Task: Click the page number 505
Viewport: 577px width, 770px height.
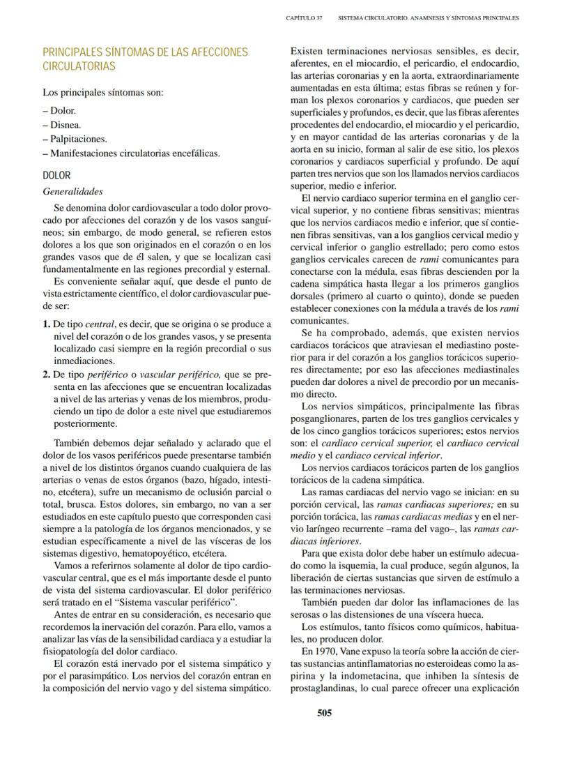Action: click(323, 712)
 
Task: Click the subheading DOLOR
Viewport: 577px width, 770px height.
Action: click(56, 176)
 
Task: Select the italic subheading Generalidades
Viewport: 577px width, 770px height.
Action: click(72, 191)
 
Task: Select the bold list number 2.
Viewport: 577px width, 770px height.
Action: click(46, 374)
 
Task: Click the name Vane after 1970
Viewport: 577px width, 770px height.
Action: click(350, 651)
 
